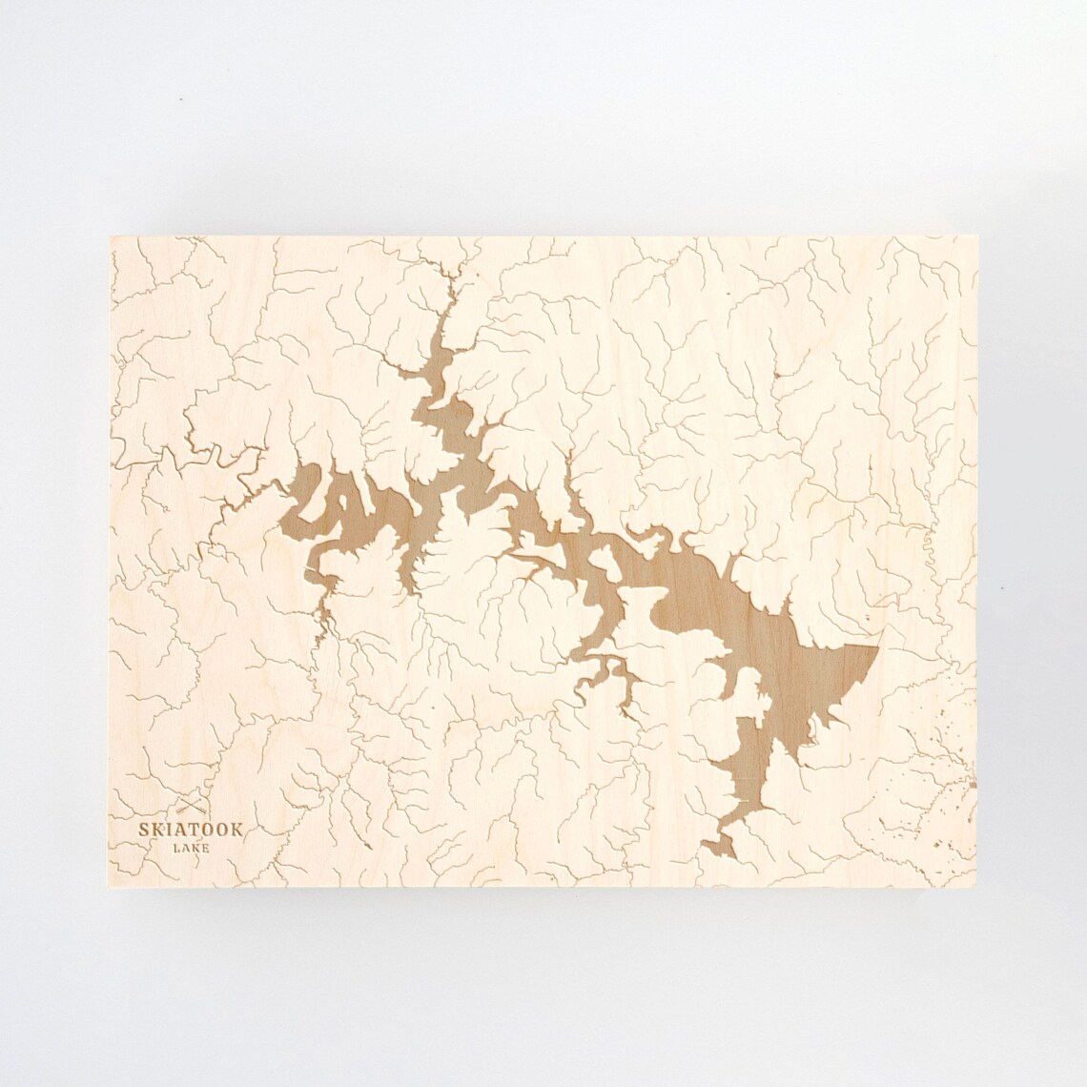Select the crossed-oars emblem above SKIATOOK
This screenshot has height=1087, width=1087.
click(190, 809)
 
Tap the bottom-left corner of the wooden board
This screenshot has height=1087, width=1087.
click(112, 886)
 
